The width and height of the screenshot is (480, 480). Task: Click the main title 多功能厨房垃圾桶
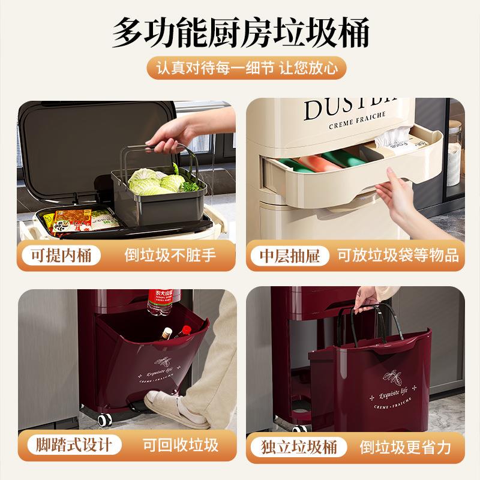240,31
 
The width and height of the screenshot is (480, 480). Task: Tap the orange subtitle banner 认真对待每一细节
240,68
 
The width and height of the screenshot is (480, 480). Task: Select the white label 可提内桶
61,256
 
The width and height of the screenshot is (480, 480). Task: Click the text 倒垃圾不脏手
170,256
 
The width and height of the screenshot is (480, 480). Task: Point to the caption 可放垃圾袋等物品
398,256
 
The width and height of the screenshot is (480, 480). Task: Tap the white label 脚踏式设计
73,445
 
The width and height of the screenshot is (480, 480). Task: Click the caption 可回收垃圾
180,445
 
